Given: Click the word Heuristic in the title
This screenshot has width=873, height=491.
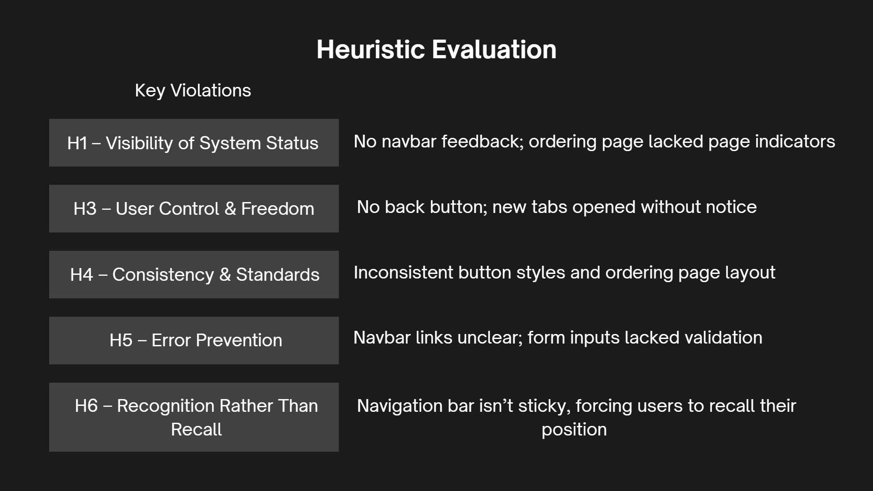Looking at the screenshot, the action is point(371,49).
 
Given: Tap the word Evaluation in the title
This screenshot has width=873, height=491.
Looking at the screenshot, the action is point(494,49).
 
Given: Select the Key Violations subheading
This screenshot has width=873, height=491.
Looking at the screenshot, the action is point(193,91).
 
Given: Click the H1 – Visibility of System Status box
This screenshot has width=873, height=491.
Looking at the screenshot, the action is point(194,143).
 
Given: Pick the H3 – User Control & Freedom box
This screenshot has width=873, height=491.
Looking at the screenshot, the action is point(194,208).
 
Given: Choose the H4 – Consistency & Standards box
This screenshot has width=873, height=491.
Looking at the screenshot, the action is point(194,274).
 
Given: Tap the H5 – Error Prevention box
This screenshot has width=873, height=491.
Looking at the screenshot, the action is point(194,340).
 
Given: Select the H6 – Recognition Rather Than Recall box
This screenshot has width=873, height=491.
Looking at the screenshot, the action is point(194,417).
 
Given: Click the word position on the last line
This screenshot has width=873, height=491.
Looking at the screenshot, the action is point(574,430).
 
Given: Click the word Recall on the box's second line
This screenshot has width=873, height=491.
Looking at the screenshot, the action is point(197,430).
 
